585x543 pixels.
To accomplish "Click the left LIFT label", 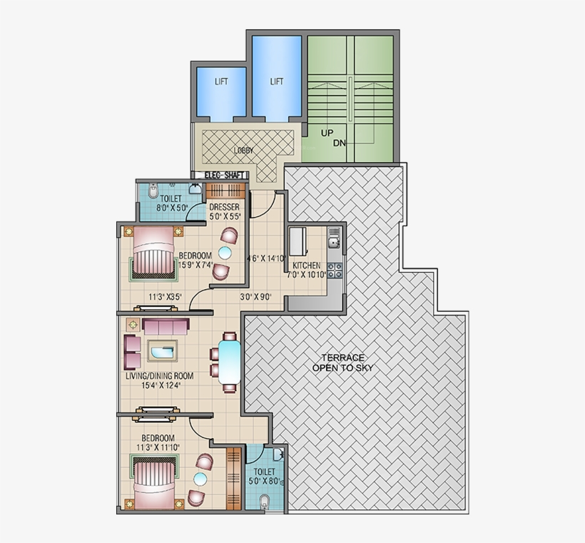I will click(x=221, y=81).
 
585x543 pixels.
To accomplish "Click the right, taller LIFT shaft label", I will click(x=276, y=81).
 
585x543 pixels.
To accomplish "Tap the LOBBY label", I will click(x=243, y=151).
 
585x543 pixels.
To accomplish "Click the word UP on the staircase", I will click(x=327, y=133).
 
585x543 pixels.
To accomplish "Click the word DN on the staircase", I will click(x=339, y=143).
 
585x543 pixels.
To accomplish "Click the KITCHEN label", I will click(x=307, y=265).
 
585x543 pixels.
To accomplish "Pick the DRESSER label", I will click(x=224, y=208).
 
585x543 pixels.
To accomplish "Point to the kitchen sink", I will click(x=333, y=243).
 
